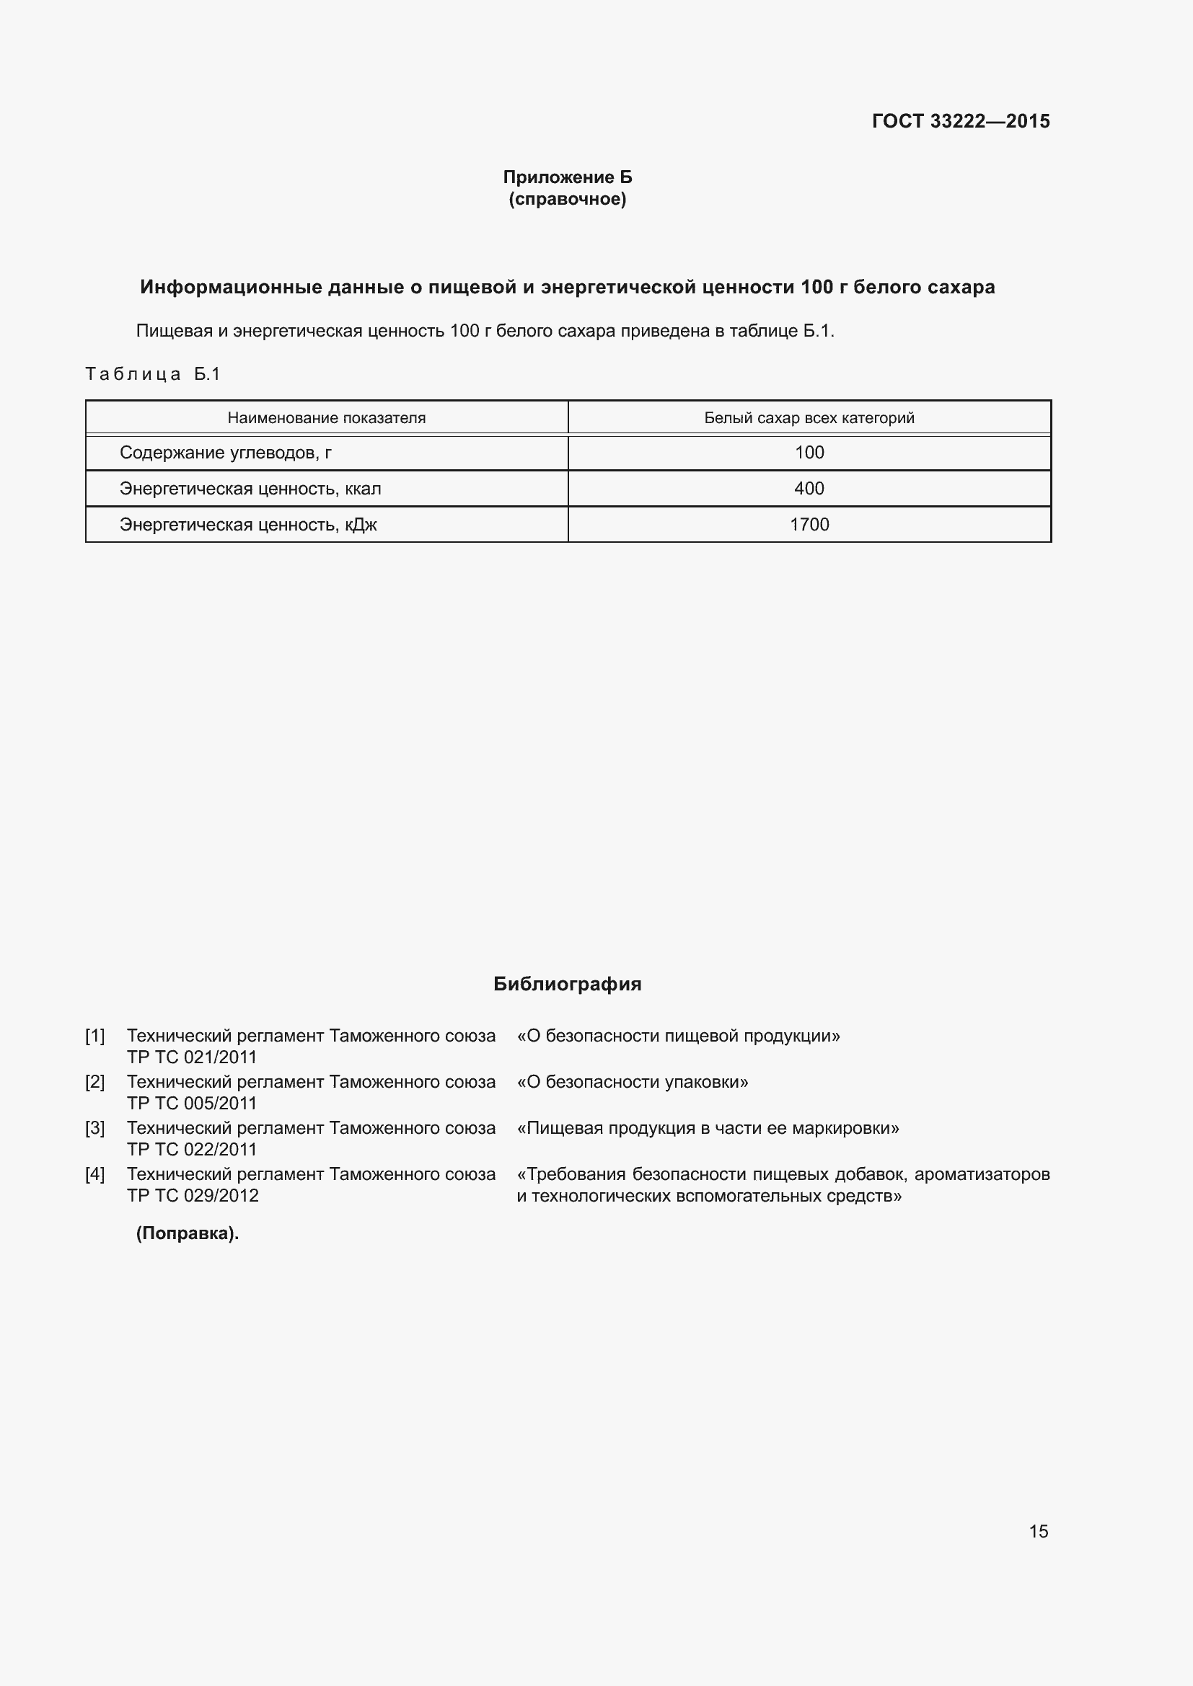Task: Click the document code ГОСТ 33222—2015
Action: pos(960,121)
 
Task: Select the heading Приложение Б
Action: pos(567,177)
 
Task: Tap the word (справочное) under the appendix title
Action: pos(567,199)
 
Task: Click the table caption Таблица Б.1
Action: pos(153,375)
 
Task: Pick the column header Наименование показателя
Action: pos(326,418)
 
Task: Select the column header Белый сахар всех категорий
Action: pos(809,418)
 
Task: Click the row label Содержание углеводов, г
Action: pos(226,453)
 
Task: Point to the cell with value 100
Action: pos(809,453)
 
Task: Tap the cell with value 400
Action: pos(809,488)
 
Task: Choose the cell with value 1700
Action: pos(809,524)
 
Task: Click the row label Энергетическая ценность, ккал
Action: pos(250,488)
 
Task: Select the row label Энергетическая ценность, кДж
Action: pos(247,524)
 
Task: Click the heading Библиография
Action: pos(567,984)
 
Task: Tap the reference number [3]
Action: pos(94,1128)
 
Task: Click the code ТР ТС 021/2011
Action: pos(192,1057)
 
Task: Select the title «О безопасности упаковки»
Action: pos(633,1082)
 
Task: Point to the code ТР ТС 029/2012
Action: pos(193,1195)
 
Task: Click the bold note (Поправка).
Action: pos(188,1233)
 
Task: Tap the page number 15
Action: pos(1038,1531)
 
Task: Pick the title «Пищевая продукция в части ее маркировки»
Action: pos(708,1128)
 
